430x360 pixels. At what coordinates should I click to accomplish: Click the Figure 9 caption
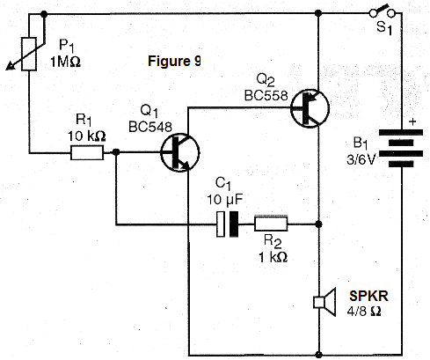(x=174, y=62)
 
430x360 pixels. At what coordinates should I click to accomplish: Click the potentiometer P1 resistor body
(x=29, y=54)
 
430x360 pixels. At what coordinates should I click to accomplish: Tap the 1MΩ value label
(x=65, y=62)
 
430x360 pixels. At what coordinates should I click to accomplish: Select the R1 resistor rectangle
(x=87, y=152)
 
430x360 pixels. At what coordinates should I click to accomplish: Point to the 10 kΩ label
(x=87, y=136)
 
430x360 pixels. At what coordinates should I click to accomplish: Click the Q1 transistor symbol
(x=180, y=152)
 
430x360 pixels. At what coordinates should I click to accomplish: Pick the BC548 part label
(x=150, y=127)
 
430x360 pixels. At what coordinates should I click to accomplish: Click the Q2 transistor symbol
(x=310, y=108)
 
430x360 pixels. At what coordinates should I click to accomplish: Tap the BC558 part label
(x=266, y=95)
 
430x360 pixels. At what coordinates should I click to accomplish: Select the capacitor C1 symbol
(x=228, y=224)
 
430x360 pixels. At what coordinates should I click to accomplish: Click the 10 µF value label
(x=225, y=200)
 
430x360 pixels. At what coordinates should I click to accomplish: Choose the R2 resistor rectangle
(x=271, y=224)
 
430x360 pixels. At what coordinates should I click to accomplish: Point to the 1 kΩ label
(x=273, y=257)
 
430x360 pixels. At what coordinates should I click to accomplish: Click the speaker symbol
(x=324, y=302)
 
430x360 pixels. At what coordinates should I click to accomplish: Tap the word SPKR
(x=368, y=296)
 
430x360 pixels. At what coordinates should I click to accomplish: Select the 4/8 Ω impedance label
(x=364, y=311)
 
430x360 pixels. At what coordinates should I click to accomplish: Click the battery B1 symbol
(x=401, y=148)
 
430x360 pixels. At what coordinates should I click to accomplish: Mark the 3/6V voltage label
(x=361, y=160)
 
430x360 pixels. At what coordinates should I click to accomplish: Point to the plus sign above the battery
(x=412, y=121)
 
